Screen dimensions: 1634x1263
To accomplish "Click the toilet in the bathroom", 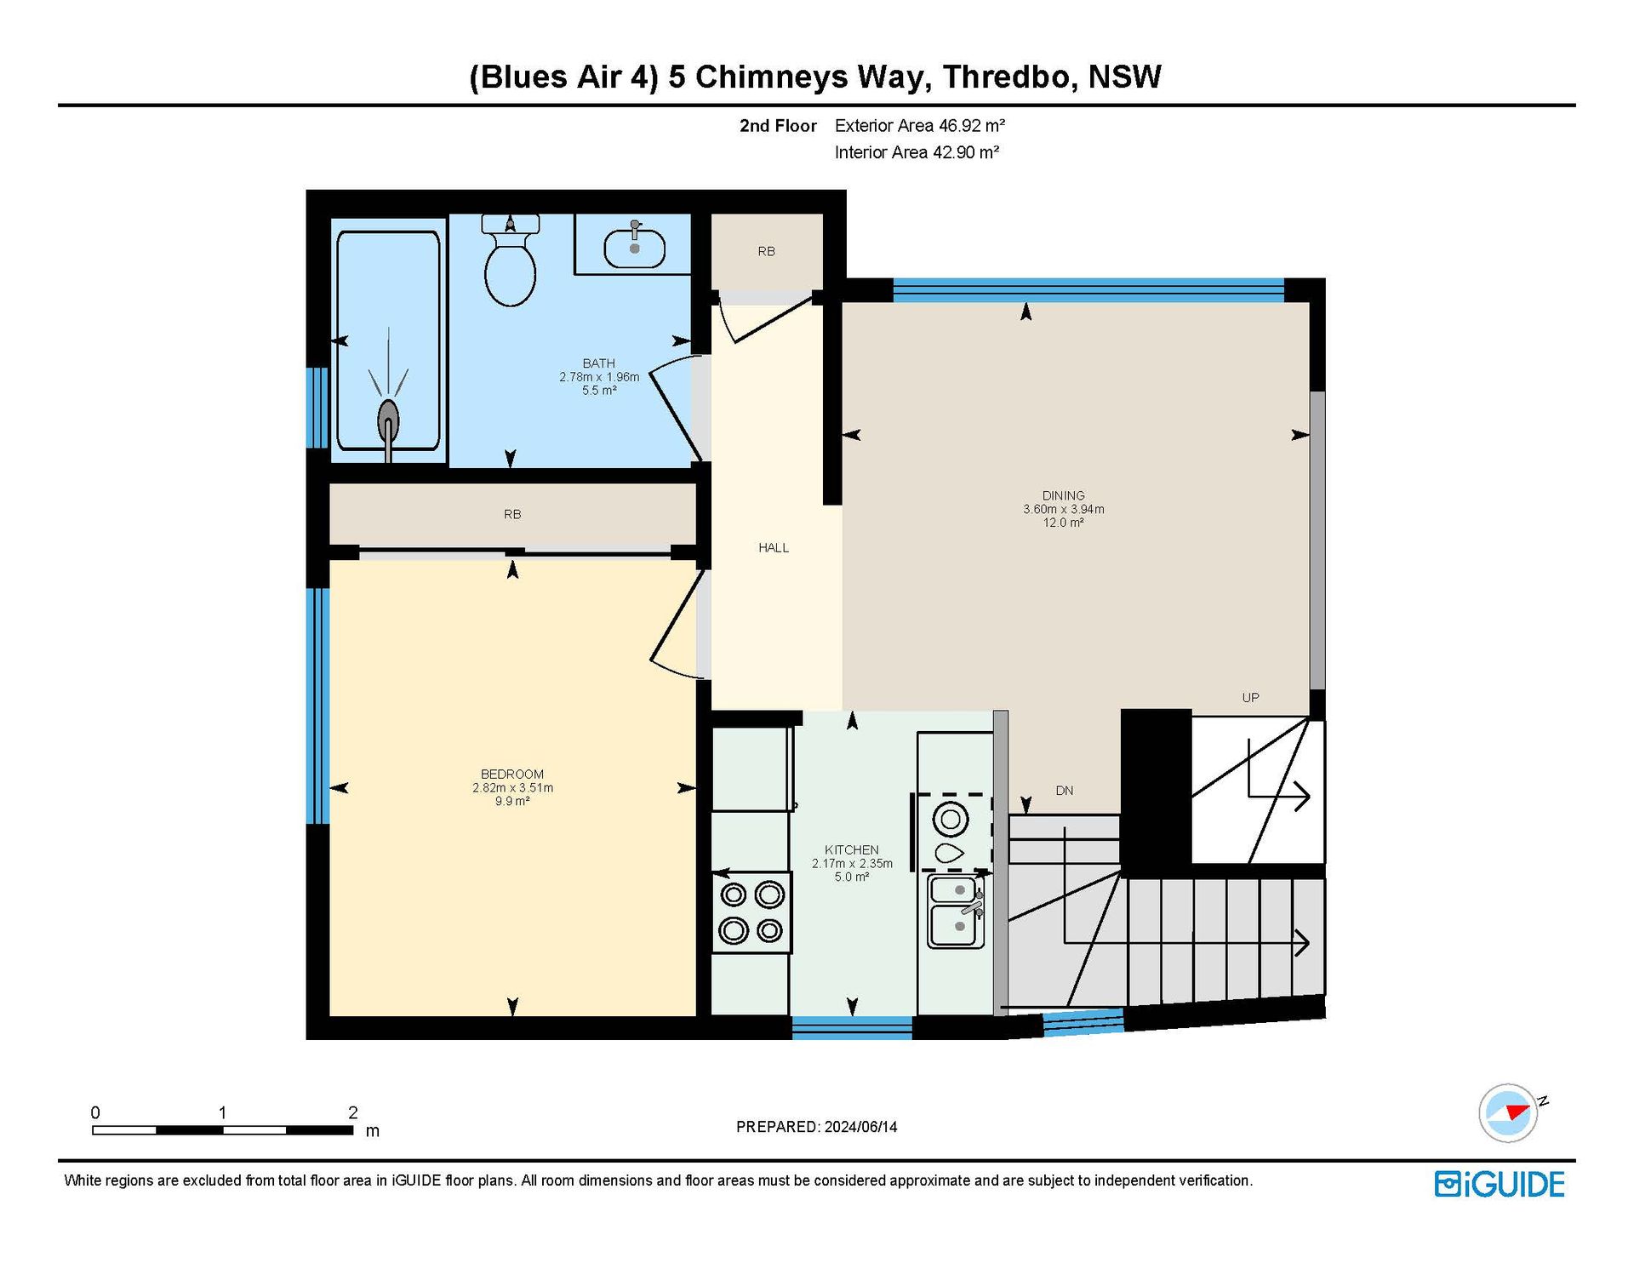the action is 510,260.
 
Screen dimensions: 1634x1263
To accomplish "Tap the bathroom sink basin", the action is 635,248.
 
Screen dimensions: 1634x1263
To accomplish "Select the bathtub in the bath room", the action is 388,340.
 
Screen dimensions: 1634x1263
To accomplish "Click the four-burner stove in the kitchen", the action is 751,912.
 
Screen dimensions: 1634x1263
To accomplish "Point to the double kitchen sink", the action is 957,911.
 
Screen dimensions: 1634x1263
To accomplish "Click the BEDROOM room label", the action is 512,774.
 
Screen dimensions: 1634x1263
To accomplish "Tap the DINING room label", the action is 1064,495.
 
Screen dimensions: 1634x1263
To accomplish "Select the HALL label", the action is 774,547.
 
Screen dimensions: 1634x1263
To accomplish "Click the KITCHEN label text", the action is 852,849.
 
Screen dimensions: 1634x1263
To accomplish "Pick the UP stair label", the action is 1250,697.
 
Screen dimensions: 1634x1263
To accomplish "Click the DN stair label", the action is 1065,790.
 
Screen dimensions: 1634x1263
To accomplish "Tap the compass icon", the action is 1509,1112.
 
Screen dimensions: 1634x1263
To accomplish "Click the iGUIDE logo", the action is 1500,1185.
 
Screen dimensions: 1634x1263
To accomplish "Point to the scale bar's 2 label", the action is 353,1112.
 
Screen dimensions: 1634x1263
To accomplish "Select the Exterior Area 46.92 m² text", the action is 920,126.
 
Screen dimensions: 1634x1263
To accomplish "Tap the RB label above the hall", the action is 767,251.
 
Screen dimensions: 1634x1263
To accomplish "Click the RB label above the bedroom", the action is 512,514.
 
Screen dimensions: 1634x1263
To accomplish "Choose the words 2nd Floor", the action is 778,126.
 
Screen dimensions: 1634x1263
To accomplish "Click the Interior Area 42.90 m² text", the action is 917,152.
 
